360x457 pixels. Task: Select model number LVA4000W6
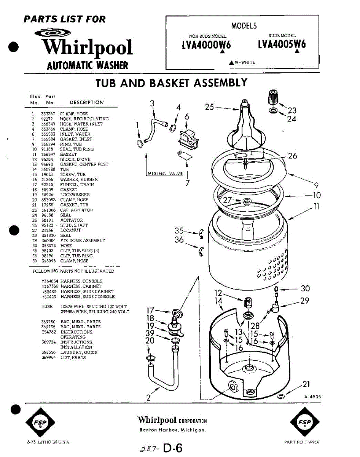[206, 45]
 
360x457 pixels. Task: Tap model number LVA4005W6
[282, 45]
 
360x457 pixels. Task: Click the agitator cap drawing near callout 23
[272, 98]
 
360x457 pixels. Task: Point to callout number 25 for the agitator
[210, 107]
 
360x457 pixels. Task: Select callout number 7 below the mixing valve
[187, 182]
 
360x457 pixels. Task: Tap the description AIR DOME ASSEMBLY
[83, 240]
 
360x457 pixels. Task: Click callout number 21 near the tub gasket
[306, 384]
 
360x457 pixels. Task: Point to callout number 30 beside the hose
[305, 288]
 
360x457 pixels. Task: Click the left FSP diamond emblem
[40, 423]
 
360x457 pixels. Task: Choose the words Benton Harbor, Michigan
[172, 430]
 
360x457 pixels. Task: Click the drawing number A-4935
[312, 396]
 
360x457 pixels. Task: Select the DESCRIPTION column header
[87, 102]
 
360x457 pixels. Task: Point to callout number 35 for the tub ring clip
[179, 230]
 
